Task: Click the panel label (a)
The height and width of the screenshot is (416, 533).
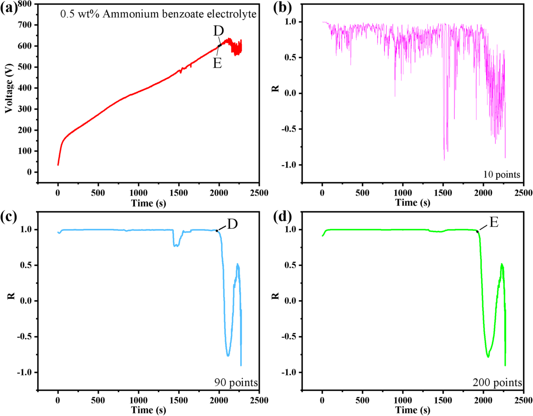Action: tap(9, 8)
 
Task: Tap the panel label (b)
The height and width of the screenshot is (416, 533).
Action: tap(282, 8)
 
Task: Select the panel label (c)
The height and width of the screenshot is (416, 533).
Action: tap(9, 217)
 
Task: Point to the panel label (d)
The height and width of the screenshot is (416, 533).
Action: tap(282, 217)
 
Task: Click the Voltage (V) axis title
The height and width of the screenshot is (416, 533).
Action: tap(9, 88)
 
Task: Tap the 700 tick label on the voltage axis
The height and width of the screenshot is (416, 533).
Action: tap(25, 25)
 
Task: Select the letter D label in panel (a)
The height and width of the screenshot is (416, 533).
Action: tap(218, 31)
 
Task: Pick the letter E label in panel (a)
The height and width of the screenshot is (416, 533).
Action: tap(217, 63)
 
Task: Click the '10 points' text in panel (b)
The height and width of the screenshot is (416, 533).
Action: tap(501, 175)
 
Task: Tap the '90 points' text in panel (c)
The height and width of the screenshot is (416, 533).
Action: tap(236, 383)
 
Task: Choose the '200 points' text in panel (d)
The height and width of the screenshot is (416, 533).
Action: tap(497, 383)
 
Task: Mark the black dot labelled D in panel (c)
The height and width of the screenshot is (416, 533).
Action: tap(217, 231)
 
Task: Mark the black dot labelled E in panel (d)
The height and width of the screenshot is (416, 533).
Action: tap(477, 232)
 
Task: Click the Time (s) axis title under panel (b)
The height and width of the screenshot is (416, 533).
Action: tap(413, 203)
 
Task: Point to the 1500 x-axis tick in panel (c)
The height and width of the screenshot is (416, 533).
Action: tap(179, 400)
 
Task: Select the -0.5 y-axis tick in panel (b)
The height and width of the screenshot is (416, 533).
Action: tap(289, 129)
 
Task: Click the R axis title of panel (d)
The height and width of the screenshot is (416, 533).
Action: tap(275, 296)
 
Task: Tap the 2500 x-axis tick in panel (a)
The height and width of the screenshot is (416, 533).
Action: tap(259, 193)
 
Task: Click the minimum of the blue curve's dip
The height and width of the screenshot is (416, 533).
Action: tap(228, 355)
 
